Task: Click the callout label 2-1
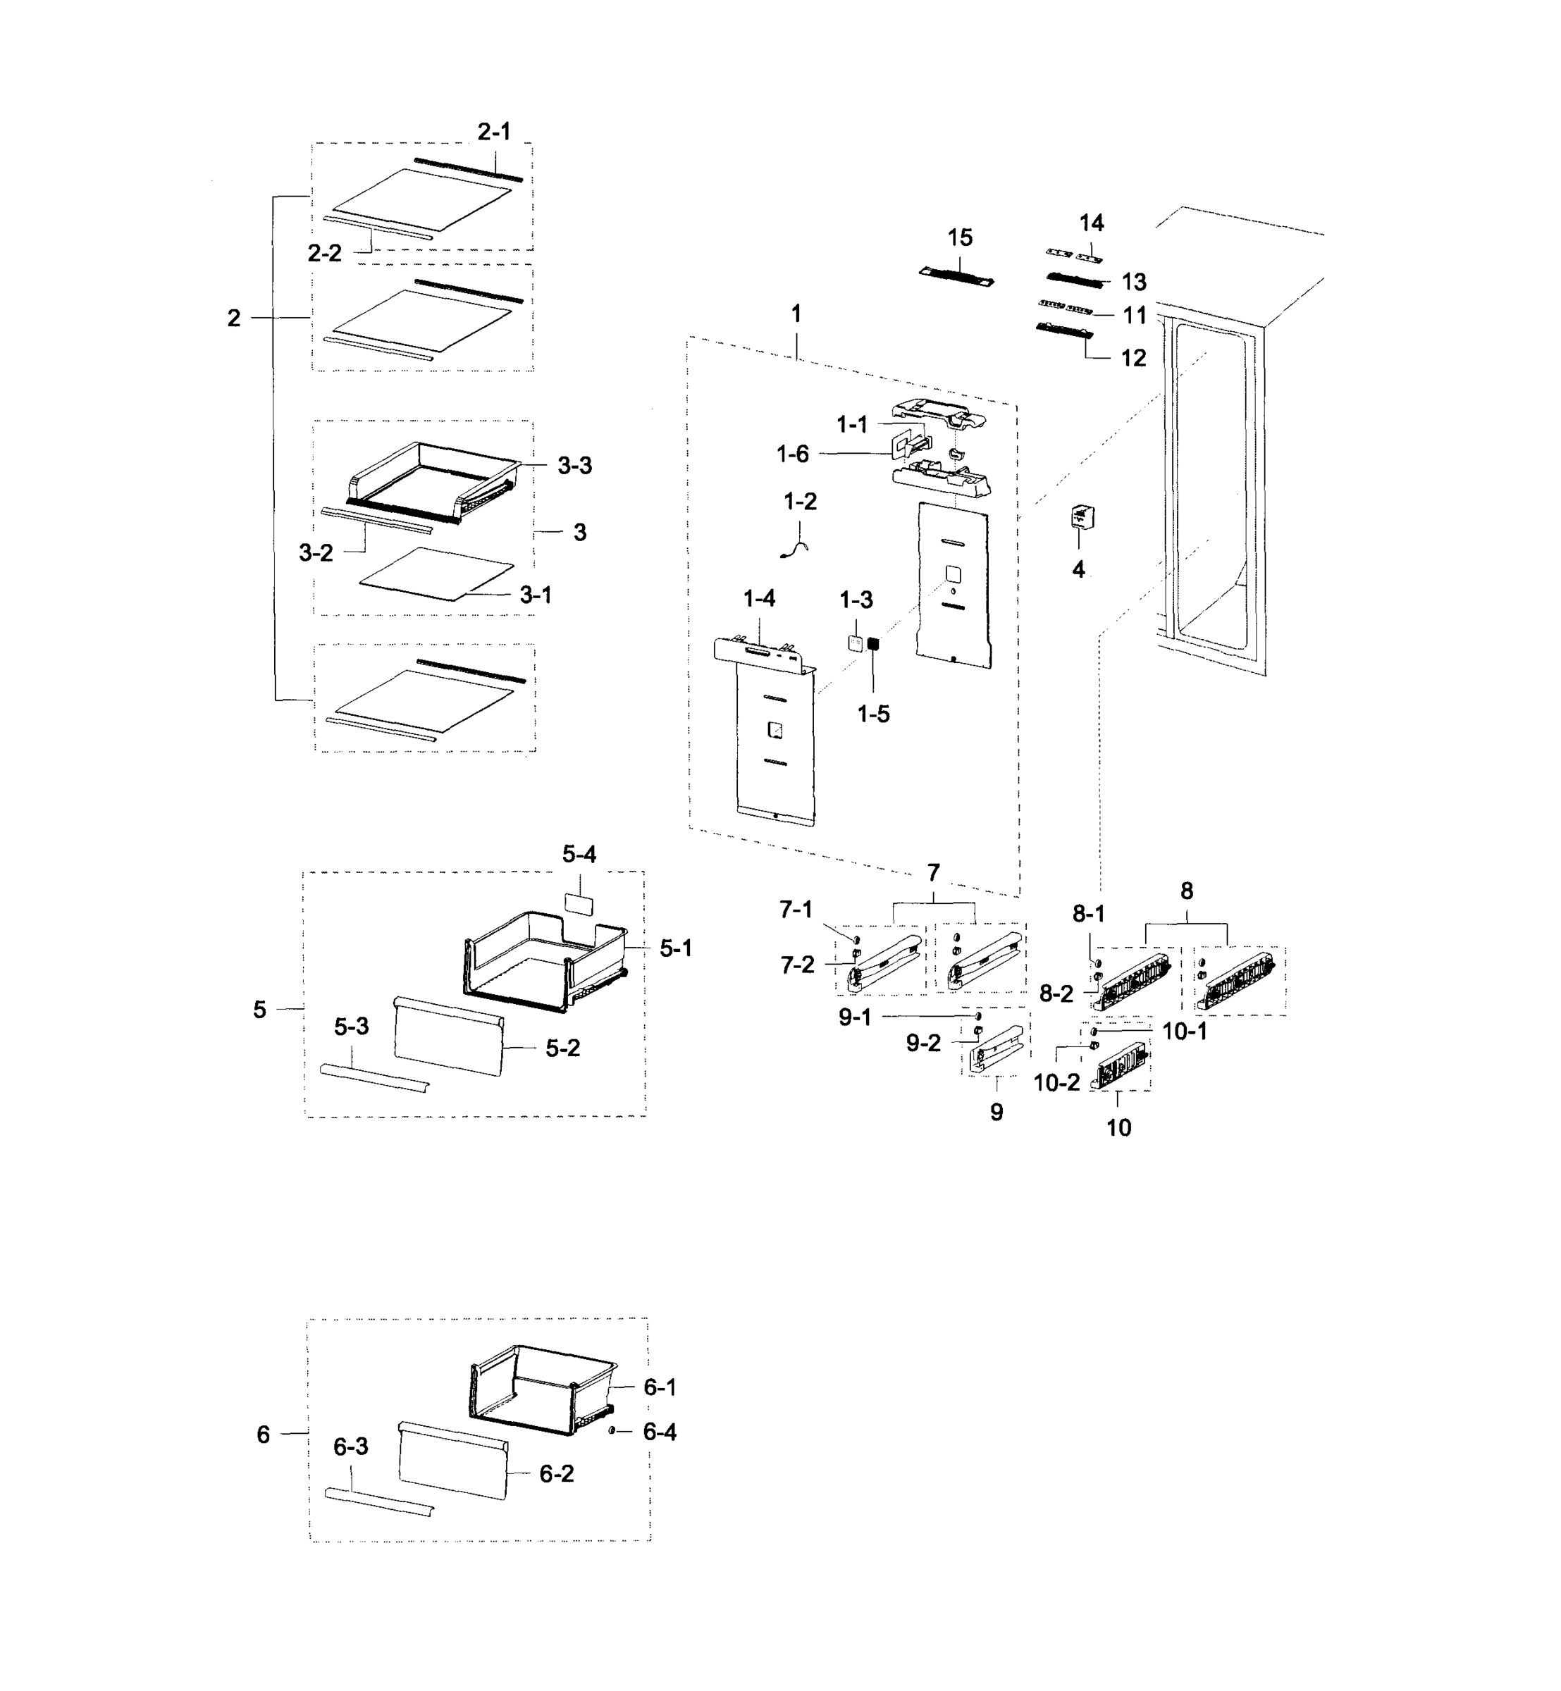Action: click(494, 132)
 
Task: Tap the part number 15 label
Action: click(960, 238)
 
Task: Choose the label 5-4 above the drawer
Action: click(579, 855)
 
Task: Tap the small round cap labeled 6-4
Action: click(611, 1431)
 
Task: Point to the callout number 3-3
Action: click(574, 466)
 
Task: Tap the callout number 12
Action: click(1134, 358)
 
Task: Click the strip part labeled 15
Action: click(956, 277)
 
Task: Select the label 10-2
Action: click(1056, 1083)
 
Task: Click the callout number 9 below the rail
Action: click(997, 1113)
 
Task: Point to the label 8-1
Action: click(1089, 913)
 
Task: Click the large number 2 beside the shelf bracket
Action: click(234, 318)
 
